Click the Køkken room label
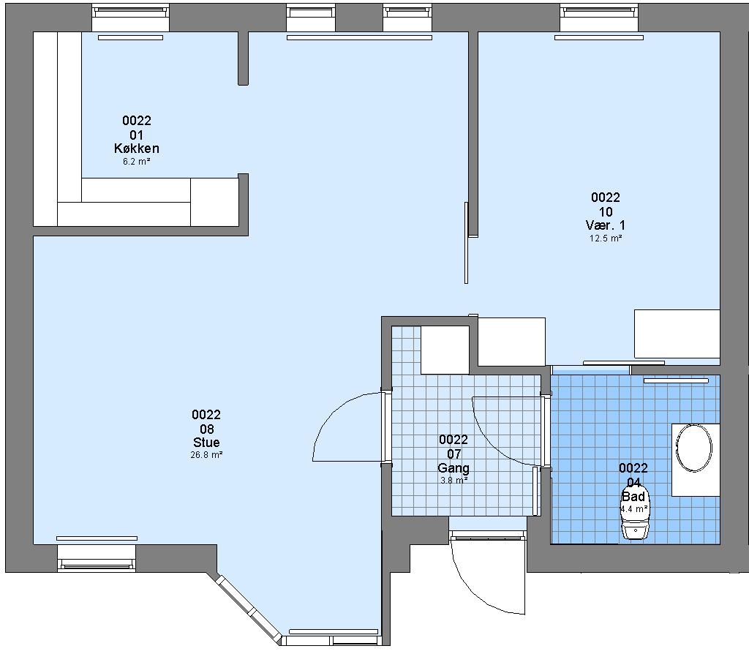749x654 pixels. pos(137,148)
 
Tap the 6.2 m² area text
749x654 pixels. pos(137,162)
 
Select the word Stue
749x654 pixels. pos(206,442)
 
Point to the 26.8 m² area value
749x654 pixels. pos(206,455)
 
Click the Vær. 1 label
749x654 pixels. pos(605,225)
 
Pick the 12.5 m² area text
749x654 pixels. pos(605,238)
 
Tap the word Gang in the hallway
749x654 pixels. pos(453,467)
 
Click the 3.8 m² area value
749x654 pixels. pos(453,480)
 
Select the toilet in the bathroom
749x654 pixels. pos(636,516)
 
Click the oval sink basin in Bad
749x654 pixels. pos(693,448)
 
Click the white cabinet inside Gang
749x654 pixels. pos(444,350)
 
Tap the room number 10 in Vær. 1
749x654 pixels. pos(605,211)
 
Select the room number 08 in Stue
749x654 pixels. pos(206,429)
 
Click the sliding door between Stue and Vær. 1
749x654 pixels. pos(467,243)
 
